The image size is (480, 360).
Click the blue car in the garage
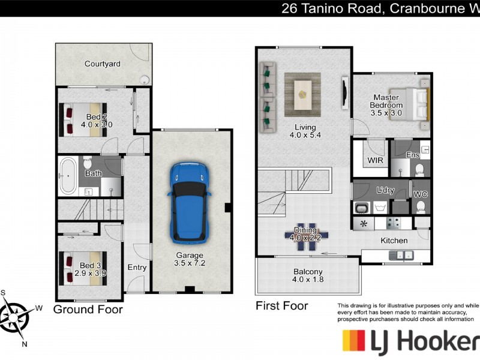[189, 203]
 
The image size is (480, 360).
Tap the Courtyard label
[103, 64]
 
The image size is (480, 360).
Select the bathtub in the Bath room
[68, 176]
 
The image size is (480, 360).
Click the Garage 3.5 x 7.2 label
[190, 259]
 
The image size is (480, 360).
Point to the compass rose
[14, 317]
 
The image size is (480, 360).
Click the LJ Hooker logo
[411, 341]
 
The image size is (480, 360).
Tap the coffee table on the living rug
[303, 95]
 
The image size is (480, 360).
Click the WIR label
[376, 160]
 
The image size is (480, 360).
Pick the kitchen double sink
[401, 255]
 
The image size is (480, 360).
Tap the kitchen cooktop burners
[394, 223]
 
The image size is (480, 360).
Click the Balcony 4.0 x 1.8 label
[308, 275]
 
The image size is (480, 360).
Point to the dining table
[306, 236]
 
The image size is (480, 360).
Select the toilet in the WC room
[421, 206]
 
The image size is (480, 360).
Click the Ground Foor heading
[88, 310]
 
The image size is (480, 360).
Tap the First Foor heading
[281, 306]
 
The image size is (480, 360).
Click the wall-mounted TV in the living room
[344, 93]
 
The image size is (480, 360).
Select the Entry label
[137, 268]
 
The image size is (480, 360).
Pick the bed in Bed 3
[83, 268]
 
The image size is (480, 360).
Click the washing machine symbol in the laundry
[380, 208]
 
